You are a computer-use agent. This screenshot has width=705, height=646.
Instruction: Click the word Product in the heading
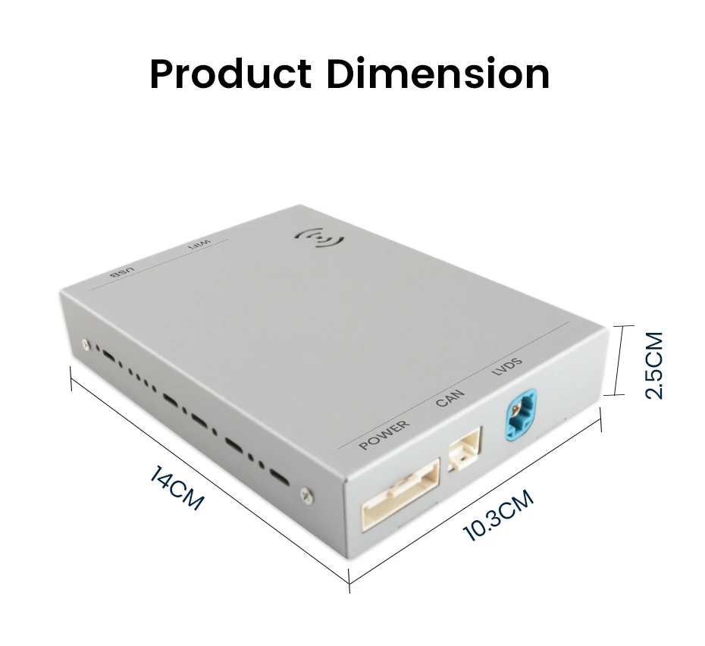point(230,74)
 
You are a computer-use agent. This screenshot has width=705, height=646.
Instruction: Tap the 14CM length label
point(177,489)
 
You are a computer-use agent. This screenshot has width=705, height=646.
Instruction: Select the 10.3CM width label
point(498,516)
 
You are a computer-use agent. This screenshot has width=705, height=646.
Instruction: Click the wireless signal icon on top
point(318,240)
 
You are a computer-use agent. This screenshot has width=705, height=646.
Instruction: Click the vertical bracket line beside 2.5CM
point(622,360)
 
